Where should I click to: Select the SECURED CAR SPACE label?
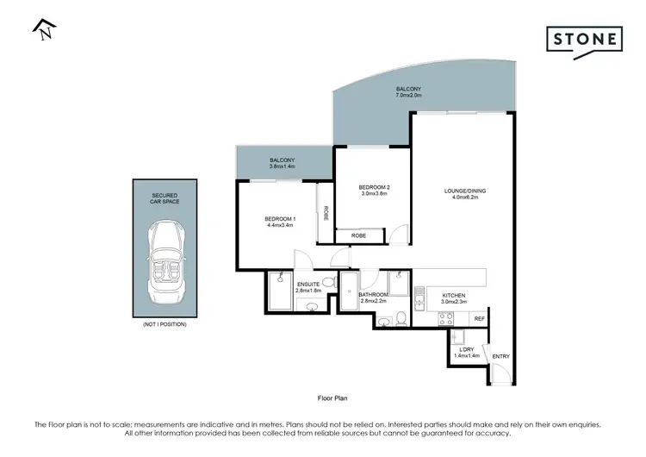point(164,199)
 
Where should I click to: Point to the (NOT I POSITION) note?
point(164,324)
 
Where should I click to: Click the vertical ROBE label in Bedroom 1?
point(326,213)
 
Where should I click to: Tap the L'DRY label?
point(467,348)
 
